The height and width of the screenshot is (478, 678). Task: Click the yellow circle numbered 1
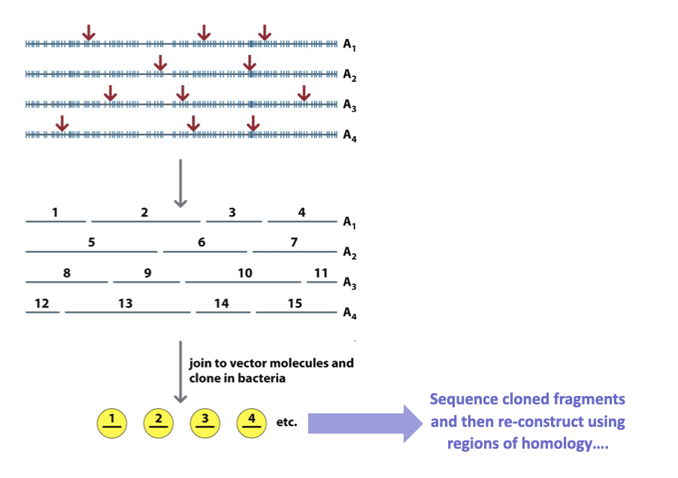111,422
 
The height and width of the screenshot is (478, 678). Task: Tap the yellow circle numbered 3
204,422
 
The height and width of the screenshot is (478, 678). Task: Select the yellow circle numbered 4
252,422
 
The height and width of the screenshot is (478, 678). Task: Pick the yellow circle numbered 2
158,422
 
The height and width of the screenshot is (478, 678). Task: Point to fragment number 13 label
125,304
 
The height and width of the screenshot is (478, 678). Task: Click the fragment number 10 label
245,274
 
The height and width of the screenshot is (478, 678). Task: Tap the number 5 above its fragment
91,242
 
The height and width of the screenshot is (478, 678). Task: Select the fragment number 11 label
321,273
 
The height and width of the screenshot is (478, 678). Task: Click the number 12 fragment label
41,304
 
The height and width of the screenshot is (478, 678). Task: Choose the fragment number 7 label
294,242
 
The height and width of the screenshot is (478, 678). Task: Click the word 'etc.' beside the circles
286,423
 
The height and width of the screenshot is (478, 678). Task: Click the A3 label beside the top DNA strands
349,106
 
